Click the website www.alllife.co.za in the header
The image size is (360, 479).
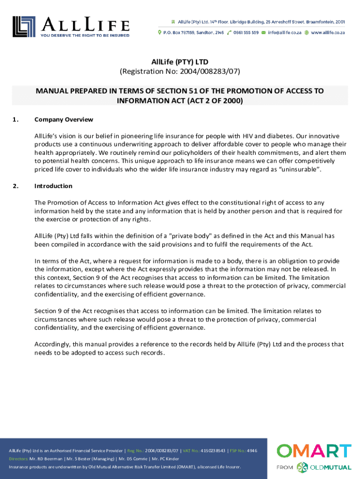328,33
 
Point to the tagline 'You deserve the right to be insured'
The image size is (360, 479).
85,35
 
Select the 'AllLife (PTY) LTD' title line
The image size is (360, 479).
180,62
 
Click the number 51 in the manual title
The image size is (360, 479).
207,91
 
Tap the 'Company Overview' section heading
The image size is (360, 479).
64,119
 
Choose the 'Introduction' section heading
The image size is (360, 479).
53,186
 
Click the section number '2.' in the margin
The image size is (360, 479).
16,186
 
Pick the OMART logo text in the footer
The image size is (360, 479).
314,451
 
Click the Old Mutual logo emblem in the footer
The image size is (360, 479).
302,467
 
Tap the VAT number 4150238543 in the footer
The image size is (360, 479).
213,450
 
